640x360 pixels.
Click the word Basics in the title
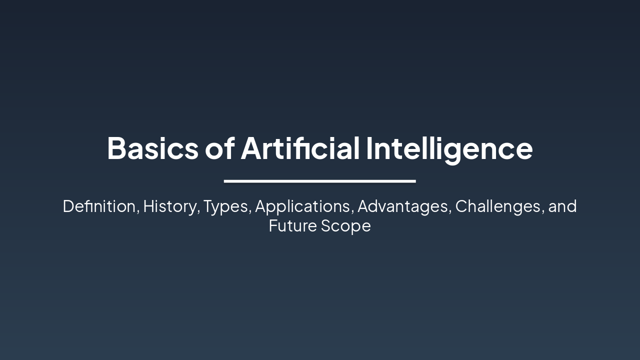click(153, 148)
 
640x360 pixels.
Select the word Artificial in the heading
click(300, 148)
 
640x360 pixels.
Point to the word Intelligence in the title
click(449, 148)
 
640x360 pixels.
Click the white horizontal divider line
click(319, 181)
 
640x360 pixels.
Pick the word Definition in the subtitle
click(99, 206)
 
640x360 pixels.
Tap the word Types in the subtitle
click(225, 206)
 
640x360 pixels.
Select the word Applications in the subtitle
click(302, 206)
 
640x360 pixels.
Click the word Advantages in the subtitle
click(403, 206)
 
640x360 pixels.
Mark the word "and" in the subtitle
click(562, 206)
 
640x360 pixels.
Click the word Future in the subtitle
click(292, 226)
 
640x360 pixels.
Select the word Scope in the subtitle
click(346, 226)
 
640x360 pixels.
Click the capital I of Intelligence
click(369, 148)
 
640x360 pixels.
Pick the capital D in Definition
click(68, 206)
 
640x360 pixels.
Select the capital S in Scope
click(326, 226)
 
